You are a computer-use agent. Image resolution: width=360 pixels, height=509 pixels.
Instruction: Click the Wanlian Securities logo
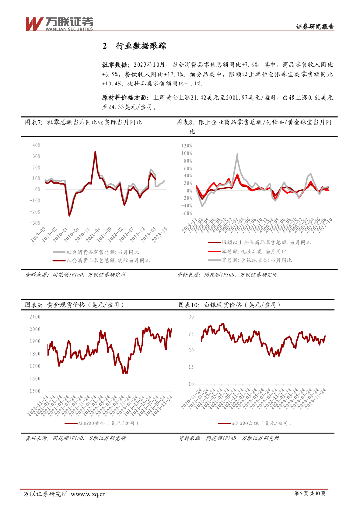click(59, 23)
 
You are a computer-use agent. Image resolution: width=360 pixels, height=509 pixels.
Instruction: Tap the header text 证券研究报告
click(315, 27)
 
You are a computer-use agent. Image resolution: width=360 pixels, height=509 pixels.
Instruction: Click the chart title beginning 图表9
click(74, 304)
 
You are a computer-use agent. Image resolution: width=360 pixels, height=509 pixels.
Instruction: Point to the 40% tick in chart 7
click(36, 145)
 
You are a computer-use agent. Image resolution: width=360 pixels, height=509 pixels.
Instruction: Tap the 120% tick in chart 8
click(186, 146)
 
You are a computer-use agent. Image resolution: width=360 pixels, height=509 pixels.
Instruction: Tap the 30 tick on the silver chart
click(191, 317)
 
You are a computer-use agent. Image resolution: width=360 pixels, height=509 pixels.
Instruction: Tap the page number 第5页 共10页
click(310, 493)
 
